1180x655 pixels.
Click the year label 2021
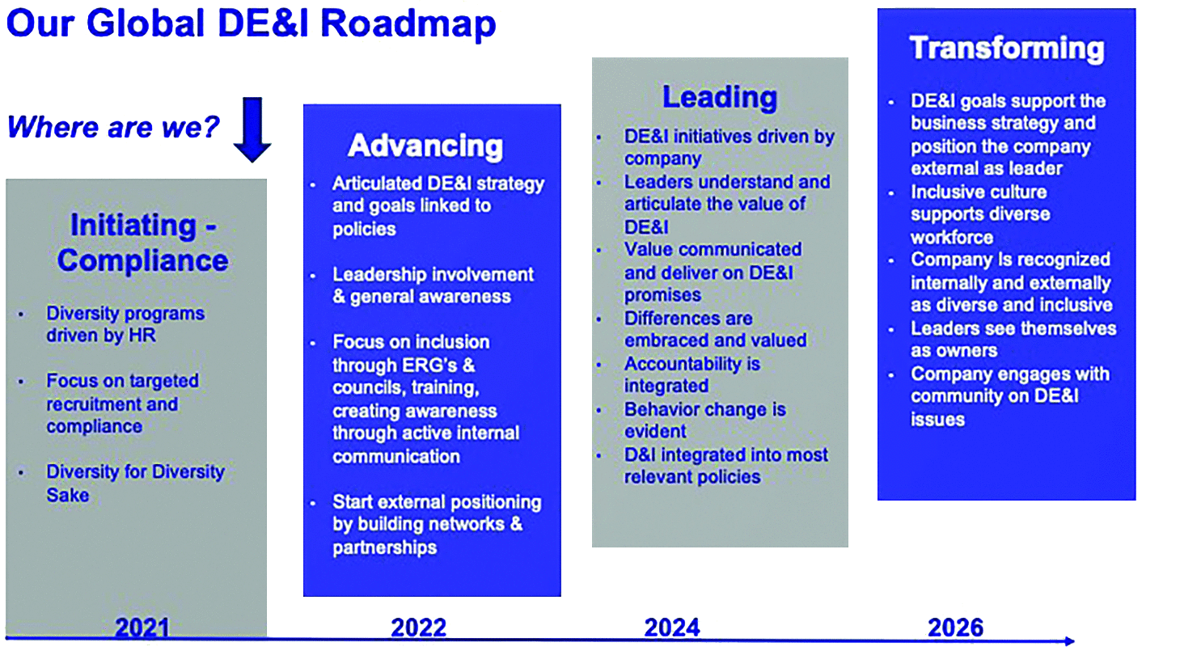[x=142, y=628]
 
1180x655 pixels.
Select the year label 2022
[x=419, y=628]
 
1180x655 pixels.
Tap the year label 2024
[x=672, y=628]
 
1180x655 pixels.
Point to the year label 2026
[x=956, y=628]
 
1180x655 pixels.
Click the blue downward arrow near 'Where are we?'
[x=252, y=129]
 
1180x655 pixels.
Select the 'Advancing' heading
[x=425, y=146]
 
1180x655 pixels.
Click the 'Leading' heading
[x=720, y=97]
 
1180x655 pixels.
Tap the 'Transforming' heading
[x=1007, y=49]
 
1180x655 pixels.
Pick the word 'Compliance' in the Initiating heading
[x=143, y=260]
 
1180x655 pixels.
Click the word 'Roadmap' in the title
[x=408, y=24]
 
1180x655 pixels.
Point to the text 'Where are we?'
[x=113, y=127]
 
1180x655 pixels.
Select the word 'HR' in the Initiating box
[x=142, y=336]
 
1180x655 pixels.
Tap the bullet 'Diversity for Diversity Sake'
[x=135, y=484]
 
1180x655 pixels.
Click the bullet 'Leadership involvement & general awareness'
[x=433, y=285]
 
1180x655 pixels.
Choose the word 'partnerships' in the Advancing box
[x=384, y=547]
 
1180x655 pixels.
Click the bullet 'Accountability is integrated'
[x=692, y=374]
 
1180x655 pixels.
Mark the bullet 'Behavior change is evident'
[x=704, y=420]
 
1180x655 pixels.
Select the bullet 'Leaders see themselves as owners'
[x=1013, y=340]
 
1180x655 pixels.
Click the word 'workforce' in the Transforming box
[x=952, y=238]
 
